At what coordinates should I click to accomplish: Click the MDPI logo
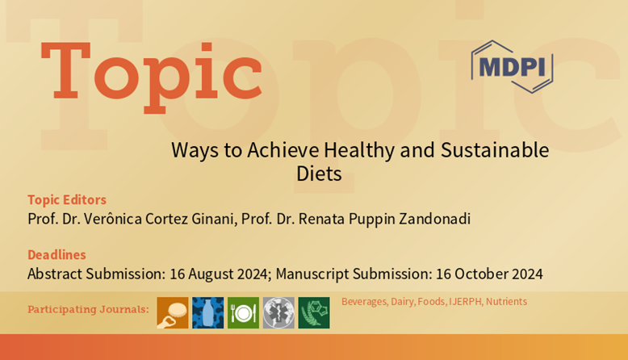click(512, 66)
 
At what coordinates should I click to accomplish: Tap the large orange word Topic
click(152, 76)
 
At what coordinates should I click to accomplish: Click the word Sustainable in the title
click(495, 150)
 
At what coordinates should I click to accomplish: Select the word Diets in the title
click(319, 174)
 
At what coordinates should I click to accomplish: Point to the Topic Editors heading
click(67, 199)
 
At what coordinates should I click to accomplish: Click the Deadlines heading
click(57, 255)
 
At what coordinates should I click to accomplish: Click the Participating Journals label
click(88, 309)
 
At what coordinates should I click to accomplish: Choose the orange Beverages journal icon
click(173, 312)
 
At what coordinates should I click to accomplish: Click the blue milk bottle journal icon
click(208, 312)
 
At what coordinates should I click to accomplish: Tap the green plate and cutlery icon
click(243, 312)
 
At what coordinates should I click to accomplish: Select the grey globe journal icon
click(278, 312)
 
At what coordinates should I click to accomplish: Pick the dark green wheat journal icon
click(314, 312)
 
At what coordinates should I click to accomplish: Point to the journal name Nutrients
click(506, 302)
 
